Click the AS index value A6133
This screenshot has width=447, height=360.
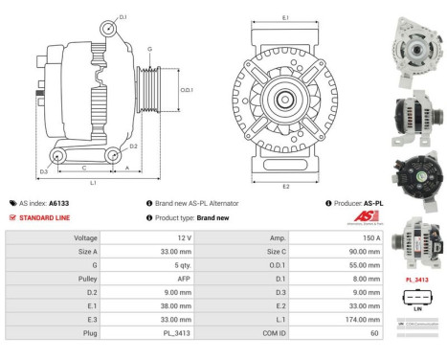coord(59,203)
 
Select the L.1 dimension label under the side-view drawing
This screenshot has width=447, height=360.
coord(92,182)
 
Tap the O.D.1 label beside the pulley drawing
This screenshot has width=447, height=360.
coord(187,90)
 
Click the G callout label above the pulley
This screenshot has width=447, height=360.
coord(149,48)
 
